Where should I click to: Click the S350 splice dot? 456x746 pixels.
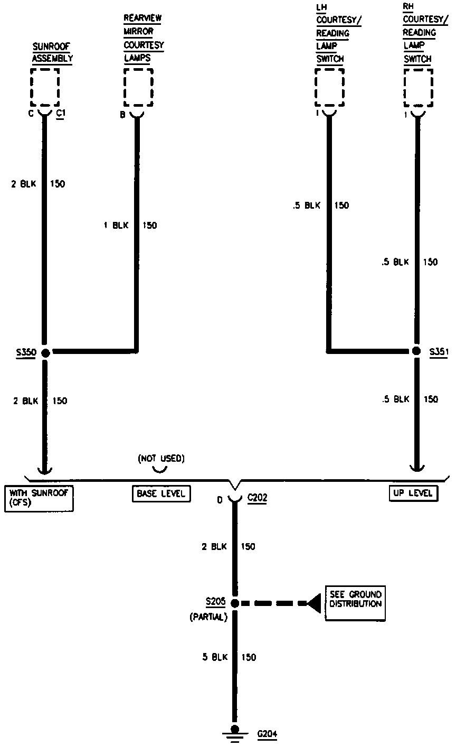click(45, 352)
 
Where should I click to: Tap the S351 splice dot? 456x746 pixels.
click(416, 351)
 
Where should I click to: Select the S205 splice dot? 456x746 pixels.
click(235, 603)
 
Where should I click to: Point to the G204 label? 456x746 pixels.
click(267, 734)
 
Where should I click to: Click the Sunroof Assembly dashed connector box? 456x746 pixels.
click(45, 87)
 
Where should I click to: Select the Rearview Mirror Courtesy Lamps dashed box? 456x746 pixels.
click(138, 87)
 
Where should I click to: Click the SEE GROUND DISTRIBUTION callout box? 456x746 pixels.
click(355, 603)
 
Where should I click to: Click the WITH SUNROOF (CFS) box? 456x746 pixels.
click(39, 498)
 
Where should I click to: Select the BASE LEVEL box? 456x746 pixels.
click(161, 493)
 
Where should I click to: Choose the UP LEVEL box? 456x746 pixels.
click(413, 493)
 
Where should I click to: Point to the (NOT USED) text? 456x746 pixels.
click(161, 459)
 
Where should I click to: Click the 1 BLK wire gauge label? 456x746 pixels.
click(116, 226)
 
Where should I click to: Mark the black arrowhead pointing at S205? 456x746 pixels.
click(315, 603)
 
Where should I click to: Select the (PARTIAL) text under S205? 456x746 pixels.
click(208, 617)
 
